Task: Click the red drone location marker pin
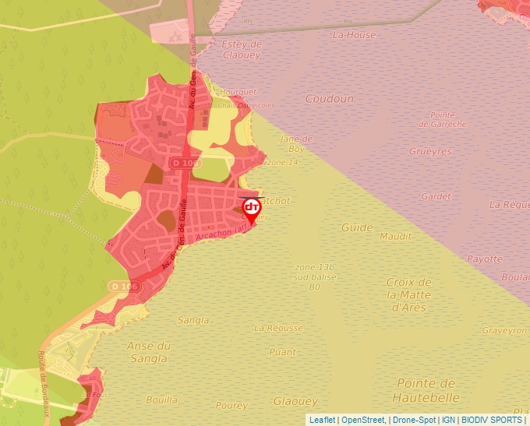click(251, 209)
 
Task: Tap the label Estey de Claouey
click(242, 50)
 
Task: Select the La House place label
click(354, 35)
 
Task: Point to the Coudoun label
click(329, 99)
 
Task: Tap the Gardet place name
click(436, 196)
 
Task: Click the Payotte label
click(485, 259)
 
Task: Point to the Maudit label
click(395, 236)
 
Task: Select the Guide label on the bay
click(357, 227)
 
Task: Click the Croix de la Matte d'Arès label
click(409, 294)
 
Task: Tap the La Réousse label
click(278, 328)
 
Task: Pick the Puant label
click(282, 352)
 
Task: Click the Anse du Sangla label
click(148, 352)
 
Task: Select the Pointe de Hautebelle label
click(426, 389)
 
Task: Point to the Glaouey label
click(295, 401)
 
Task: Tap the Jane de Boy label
click(295, 143)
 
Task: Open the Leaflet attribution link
click(322, 420)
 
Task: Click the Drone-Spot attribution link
click(413, 420)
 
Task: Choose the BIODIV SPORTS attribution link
click(491, 420)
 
